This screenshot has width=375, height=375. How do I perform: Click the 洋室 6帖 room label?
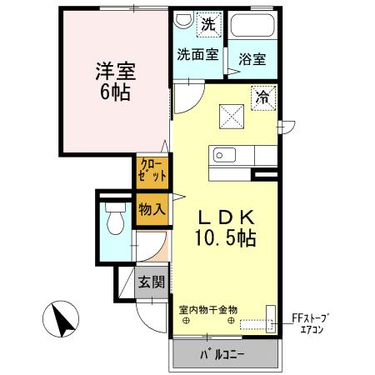(x=116, y=81)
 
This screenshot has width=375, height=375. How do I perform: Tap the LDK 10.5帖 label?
(x=225, y=227)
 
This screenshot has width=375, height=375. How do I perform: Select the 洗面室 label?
(x=197, y=54)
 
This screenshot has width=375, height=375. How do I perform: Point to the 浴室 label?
(x=252, y=59)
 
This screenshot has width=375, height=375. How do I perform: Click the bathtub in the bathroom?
(x=252, y=25)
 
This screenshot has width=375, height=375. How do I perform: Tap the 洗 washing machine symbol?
(x=208, y=24)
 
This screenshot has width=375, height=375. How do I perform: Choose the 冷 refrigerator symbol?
(x=263, y=98)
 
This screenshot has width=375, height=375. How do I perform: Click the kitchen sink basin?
(x=224, y=155)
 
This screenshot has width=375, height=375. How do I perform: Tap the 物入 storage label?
(x=152, y=209)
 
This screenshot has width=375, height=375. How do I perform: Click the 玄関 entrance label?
(x=152, y=282)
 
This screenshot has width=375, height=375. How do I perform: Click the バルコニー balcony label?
(x=222, y=354)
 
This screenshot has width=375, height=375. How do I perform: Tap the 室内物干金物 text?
(x=208, y=310)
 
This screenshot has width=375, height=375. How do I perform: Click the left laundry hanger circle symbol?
(x=186, y=321)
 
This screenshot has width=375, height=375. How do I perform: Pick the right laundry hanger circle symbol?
(x=231, y=321)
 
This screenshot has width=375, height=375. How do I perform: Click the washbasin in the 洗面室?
(x=183, y=20)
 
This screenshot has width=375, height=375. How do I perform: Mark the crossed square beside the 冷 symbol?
(x=232, y=117)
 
